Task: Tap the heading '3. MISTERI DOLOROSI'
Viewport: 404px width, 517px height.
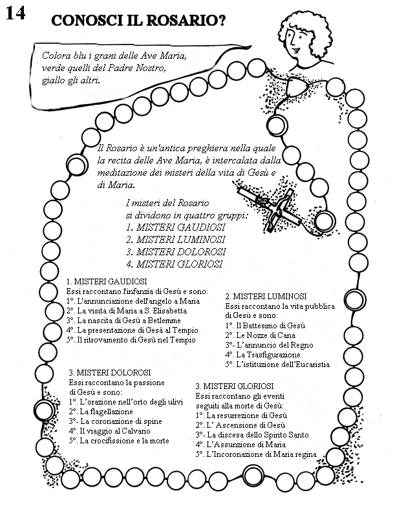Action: coord(110,373)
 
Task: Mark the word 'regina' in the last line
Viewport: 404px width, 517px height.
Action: coord(304,454)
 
